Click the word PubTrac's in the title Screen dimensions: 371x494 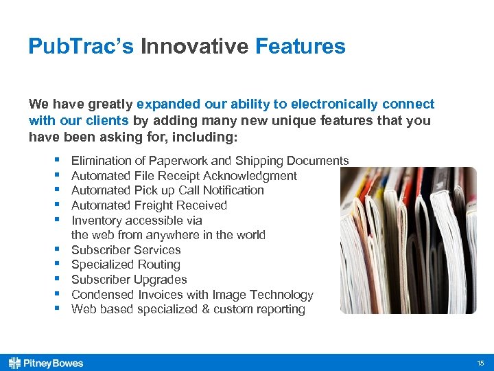[x=81, y=47]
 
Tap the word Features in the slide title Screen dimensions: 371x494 [x=300, y=47]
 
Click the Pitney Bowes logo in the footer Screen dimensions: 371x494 [x=46, y=363]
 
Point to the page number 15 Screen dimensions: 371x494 [x=480, y=363]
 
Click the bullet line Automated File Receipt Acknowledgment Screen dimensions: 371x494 [x=184, y=176]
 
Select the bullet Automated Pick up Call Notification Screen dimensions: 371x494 [x=167, y=190]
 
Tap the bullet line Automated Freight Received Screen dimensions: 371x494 [x=149, y=205]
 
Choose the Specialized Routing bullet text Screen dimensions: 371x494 [x=126, y=265]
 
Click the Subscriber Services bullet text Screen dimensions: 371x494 [x=126, y=250]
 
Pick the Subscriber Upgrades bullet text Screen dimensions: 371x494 [x=129, y=280]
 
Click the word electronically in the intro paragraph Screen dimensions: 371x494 [x=334, y=104]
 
